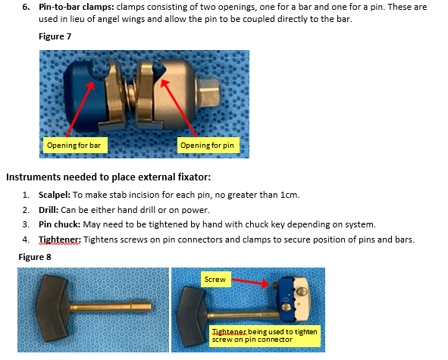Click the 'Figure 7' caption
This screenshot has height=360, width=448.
tap(55, 36)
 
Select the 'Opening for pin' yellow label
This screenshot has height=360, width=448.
tap(208, 146)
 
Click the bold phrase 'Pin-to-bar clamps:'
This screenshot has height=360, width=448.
tap(77, 7)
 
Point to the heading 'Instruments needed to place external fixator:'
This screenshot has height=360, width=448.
tap(108, 177)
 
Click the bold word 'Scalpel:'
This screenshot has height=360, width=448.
tap(55, 195)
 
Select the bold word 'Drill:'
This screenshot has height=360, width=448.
tap(49, 210)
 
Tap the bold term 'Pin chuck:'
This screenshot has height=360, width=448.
tap(60, 224)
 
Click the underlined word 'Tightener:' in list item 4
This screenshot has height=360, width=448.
tap(60, 239)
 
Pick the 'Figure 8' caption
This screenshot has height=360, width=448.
tap(35, 257)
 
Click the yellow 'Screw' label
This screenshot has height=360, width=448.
tap(216, 280)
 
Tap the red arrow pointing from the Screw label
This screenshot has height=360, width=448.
tap(250, 282)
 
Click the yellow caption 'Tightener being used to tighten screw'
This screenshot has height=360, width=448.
tap(265, 336)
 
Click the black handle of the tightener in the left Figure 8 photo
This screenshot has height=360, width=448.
tap(53, 308)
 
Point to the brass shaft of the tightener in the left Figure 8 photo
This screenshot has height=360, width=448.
tap(111, 308)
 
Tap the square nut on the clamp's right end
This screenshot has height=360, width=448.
tap(209, 92)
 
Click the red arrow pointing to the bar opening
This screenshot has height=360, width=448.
tap(80, 109)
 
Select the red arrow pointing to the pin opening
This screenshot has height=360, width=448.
tap(179, 108)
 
